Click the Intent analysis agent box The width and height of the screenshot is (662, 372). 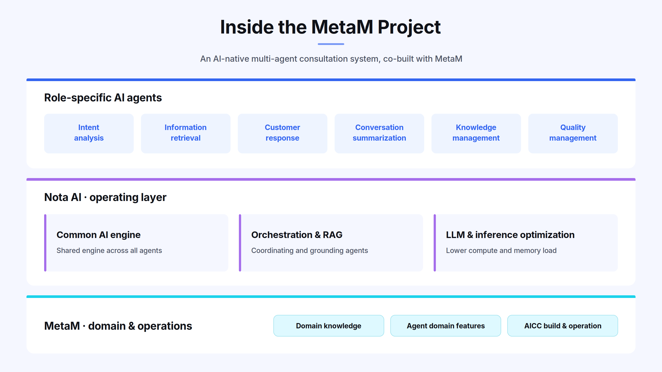89,134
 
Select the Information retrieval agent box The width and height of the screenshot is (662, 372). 186,134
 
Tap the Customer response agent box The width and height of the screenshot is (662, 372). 282,134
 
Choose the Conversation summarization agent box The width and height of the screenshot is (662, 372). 379,134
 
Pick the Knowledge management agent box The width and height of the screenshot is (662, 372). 476,134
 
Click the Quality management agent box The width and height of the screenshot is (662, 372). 573,134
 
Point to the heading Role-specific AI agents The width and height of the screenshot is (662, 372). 103,98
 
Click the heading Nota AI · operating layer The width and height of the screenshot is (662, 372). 105,197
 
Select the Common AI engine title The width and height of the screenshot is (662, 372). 98,235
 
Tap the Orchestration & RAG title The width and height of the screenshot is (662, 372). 297,235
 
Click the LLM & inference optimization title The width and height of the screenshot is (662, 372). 510,235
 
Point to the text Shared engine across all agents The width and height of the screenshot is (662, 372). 109,251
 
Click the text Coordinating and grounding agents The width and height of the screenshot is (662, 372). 309,251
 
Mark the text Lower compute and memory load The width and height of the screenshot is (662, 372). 501,251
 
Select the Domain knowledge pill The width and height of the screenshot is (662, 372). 329,326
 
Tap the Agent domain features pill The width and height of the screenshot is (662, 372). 446,326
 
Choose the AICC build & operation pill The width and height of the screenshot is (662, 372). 562,326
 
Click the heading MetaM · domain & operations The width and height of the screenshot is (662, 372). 118,326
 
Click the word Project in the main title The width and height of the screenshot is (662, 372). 409,27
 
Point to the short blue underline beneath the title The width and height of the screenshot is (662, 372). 331,44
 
